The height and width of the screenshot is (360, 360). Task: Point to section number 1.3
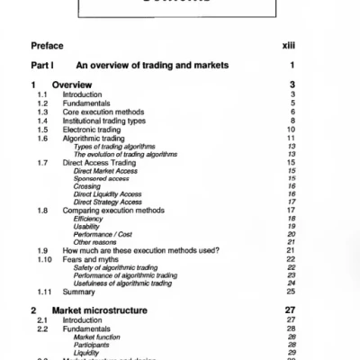(42, 112)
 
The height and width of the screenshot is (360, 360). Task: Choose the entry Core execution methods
(105, 112)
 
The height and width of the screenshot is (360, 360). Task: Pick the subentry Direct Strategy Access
(108, 202)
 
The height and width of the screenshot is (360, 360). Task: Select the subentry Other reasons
(95, 241)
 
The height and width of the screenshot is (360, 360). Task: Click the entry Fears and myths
(93, 258)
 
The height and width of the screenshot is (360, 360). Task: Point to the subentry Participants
(94, 344)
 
